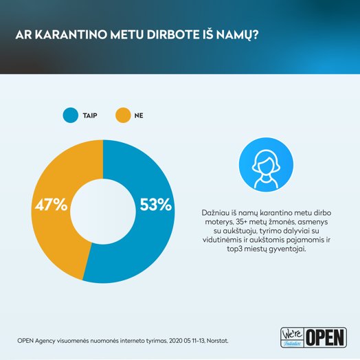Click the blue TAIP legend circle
[x=71, y=115]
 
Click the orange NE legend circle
[x=123, y=115]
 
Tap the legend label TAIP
[x=90, y=115]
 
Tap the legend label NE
[x=139, y=115]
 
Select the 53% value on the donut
[x=156, y=205]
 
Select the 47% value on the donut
[x=52, y=205]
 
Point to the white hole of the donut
[x=103, y=212]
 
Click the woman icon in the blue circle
[x=266, y=169]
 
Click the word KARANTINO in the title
[x=71, y=34]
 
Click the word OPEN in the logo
[x=326, y=337]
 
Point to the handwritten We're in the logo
[x=292, y=334]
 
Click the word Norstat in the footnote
[x=217, y=341]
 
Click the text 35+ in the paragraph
[x=242, y=222]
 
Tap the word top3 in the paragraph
[x=234, y=249]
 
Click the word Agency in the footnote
[x=45, y=341]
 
